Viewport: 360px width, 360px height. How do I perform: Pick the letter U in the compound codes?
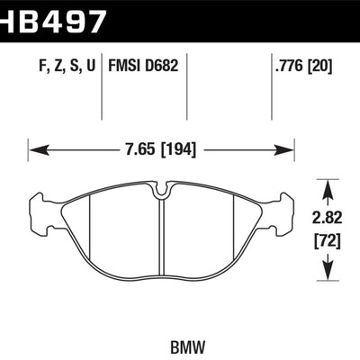90,65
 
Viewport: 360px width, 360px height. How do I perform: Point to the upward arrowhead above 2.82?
328,184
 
